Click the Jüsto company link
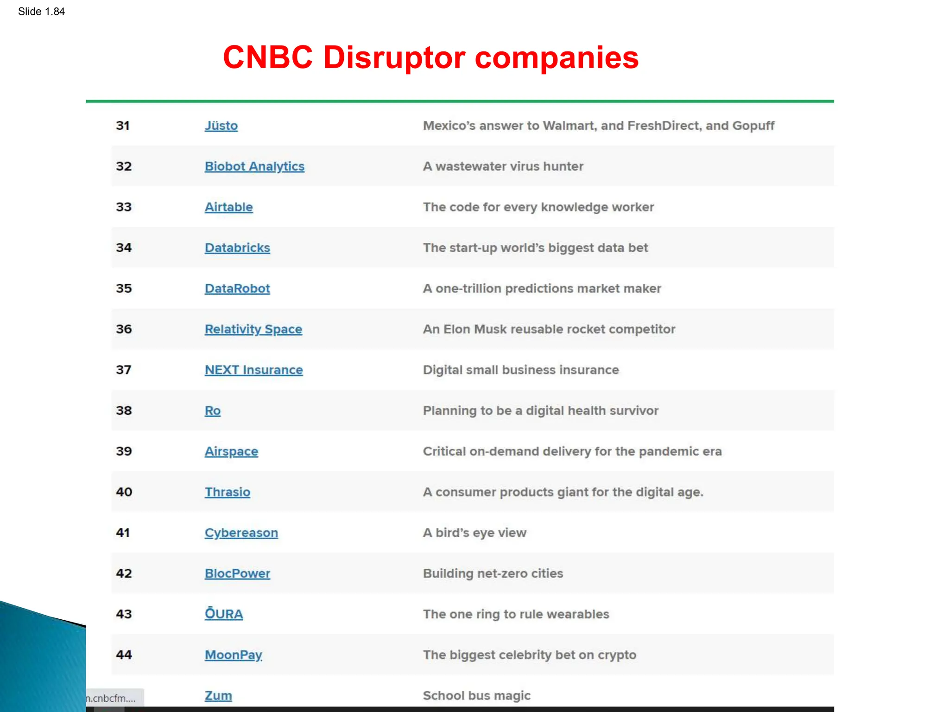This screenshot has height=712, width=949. (221, 126)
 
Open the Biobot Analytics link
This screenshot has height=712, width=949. (254, 166)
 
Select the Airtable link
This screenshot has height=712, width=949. (228, 207)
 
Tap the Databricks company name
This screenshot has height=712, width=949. (237, 248)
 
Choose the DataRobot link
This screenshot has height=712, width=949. (237, 288)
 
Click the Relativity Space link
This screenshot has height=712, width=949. (253, 329)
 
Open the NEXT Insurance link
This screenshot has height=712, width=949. (253, 370)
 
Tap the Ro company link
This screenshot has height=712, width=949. (213, 411)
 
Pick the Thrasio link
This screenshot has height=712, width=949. (227, 492)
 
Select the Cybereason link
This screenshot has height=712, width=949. (241, 533)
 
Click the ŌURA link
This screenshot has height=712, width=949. (223, 614)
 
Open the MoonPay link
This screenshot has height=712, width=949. (233, 655)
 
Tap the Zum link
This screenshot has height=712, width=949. (218, 696)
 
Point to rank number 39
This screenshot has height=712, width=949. (124, 451)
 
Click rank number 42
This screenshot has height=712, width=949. (124, 573)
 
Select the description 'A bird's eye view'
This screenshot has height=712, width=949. (474, 533)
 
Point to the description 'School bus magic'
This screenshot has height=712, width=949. (476, 696)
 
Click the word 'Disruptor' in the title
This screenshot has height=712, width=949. (394, 57)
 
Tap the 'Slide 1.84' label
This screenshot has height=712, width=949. (41, 12)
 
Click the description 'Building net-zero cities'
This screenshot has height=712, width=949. (493, 573)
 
